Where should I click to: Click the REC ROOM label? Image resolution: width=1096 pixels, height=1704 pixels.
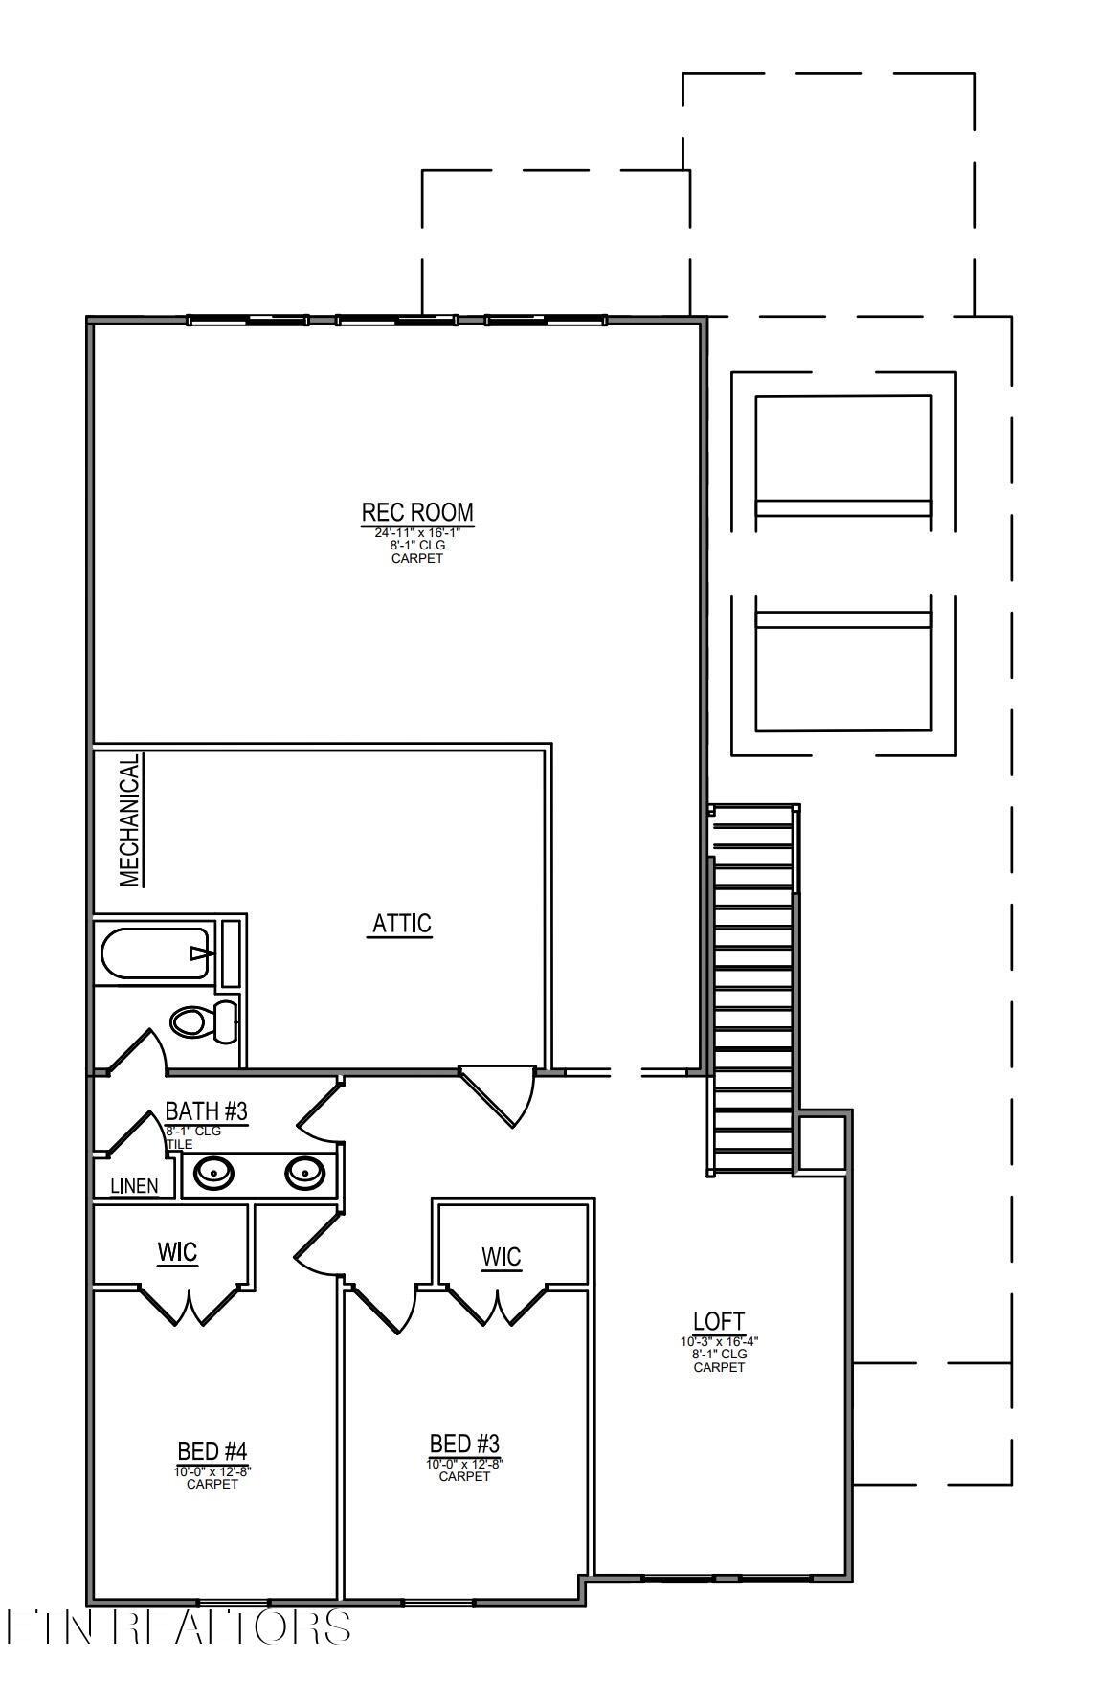417,512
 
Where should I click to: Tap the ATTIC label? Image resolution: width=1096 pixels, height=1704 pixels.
401,924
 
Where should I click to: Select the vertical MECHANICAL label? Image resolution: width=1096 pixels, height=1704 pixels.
131,820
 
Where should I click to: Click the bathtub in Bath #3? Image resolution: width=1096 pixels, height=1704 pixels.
155,953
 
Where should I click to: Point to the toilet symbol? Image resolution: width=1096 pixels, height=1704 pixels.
204,1020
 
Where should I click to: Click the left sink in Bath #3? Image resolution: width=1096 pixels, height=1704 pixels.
212,1171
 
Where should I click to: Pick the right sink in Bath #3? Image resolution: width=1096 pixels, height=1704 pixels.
304,1171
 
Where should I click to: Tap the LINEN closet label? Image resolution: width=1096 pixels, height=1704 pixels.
134,1186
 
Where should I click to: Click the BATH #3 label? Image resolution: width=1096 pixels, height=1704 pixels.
207,1111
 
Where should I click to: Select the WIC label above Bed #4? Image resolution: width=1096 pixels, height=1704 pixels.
177,1251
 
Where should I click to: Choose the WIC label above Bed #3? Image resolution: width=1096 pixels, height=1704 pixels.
501,1256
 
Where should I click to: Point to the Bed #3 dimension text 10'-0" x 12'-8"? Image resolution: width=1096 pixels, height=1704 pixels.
464,1464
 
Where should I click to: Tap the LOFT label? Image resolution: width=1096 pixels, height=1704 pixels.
719,1323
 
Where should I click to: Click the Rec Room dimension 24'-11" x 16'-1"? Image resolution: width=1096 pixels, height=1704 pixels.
417,532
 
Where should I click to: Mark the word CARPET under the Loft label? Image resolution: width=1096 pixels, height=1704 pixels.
719,1367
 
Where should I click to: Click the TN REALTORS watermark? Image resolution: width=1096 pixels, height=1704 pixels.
178,1626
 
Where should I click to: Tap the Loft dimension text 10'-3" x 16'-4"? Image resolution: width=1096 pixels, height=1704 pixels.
719,1341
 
